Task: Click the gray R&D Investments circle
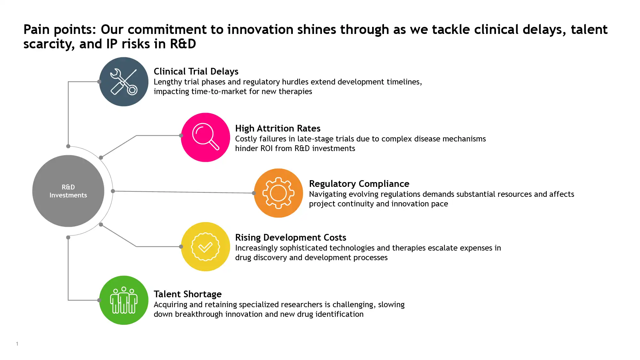[68, 191]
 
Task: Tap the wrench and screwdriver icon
[124, 82]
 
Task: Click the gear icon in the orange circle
[278, 193]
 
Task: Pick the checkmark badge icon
[205, 247]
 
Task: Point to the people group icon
[124, 300]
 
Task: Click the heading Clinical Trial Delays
[196, 71]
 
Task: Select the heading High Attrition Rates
[278, 128]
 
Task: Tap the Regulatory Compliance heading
[359, 184]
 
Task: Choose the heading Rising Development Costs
[291, 237]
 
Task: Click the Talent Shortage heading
[188, 294]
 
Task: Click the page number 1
[17, 344]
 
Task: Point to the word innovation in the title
[260, 29]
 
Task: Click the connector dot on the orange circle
[254, 193]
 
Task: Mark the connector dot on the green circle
[99, 300]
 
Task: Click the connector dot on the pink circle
[181, 136]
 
